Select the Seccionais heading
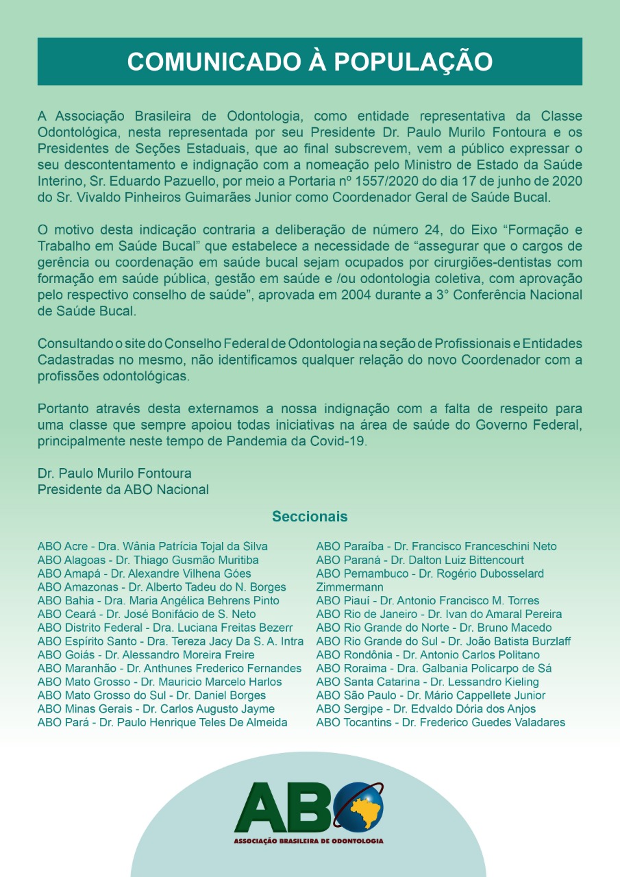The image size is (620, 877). pyautogui.click(x=310, y=516)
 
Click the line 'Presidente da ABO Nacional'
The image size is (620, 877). pyautogui.click(x=123, y=490)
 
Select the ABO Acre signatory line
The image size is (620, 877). pyautogui.click(x=152, y=546)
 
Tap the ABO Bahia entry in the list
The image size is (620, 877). pyautogui.click(x=158, y=601)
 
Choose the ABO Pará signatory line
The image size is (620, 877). pyautogui.click(x=162, y=722)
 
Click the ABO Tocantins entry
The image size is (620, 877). pyautogui.click(x=441, y=722)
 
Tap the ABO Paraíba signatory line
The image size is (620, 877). pyautogui.click(x=436, y=546)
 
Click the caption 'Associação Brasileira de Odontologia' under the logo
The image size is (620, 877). pyautogui.click(x=308, y=841)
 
